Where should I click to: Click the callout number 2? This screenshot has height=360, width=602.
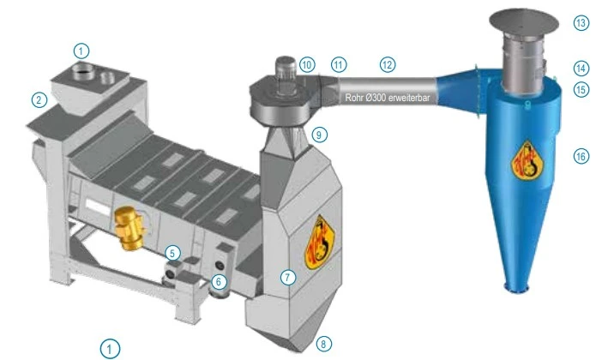pyautogui.click(x=39, y=100)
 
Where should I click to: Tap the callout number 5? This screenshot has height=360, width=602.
pyautogui.click(x=172, y=254)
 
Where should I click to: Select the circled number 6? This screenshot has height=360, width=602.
pyautogui.click(x=219, y=283)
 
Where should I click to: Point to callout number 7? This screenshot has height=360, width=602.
pyautogui.click(x=288, y=277)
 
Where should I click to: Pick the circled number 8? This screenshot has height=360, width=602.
pyautogui.click(x=323, y=344)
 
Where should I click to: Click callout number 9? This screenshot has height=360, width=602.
pyautogui.click(x=319, y=135)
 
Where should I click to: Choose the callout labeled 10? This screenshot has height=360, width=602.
pyautogui.click(x=307, y=64)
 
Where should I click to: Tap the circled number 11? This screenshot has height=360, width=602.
pyautogui.click(x=338, y=64)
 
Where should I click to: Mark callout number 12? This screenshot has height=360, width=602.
pyautogui.click(x=388, y=64)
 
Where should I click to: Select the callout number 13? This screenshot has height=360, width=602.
pyautogui.click(x=581, y=23)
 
